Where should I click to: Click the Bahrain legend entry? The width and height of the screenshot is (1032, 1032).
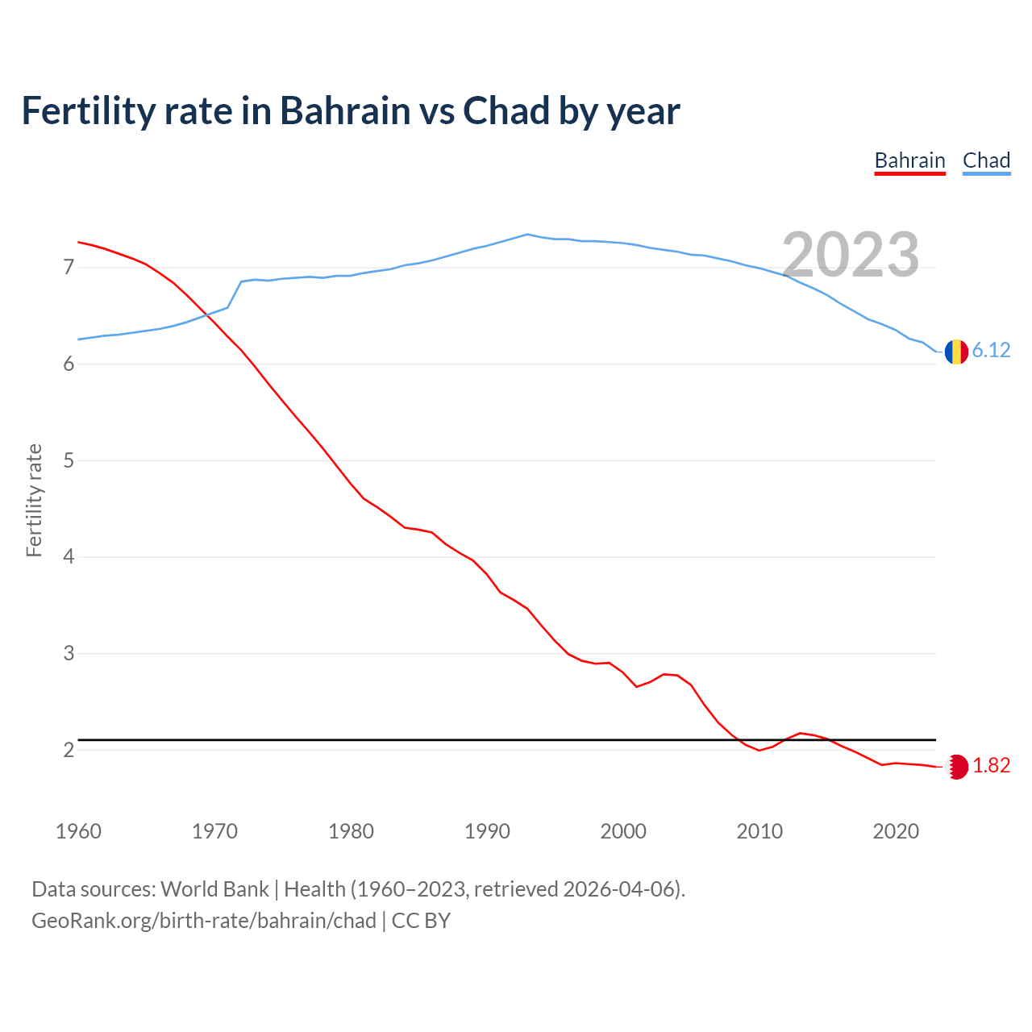[909, 160]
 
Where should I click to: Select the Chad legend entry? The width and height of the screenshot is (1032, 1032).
[986, 160]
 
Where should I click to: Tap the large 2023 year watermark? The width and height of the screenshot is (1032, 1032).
[851, 255]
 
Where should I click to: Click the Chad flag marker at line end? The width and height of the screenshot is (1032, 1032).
[956, 352]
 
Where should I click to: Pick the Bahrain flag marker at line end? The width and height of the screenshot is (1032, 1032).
[956, 767]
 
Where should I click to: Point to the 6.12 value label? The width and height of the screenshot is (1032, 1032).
[991, 350]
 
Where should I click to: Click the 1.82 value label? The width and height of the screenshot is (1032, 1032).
[991, 766]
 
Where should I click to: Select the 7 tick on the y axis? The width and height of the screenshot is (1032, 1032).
[69, 267]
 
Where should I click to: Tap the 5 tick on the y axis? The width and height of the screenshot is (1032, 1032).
[69, 460]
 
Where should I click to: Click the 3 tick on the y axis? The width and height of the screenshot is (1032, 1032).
[69, 653]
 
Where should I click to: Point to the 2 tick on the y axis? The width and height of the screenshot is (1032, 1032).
[69, 750]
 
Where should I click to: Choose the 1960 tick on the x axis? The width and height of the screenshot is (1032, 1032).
[78, 831]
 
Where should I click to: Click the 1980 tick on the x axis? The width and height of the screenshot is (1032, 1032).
[351, 831]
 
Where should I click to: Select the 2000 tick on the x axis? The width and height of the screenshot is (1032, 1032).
[623, 831]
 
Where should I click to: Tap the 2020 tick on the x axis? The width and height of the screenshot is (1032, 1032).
[896, 831]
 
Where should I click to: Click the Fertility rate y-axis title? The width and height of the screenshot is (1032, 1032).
[34, 500]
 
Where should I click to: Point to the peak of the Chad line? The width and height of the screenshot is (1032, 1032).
[527, 235]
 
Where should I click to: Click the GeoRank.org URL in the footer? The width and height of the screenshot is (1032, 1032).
[204, 921]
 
